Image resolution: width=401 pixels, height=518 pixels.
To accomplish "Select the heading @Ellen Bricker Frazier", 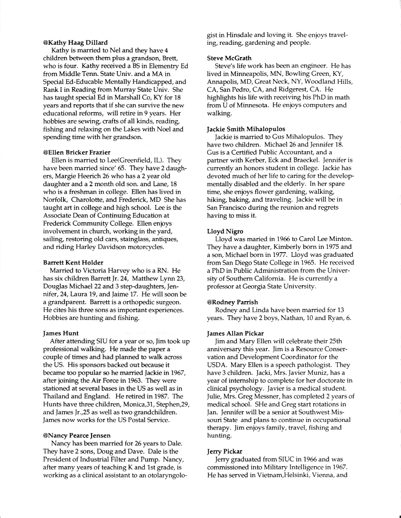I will tap(76, 152).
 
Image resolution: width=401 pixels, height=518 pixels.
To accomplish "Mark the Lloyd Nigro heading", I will tap(224, 231).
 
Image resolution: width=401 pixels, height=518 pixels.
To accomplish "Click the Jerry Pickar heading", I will tap(223, 451).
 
